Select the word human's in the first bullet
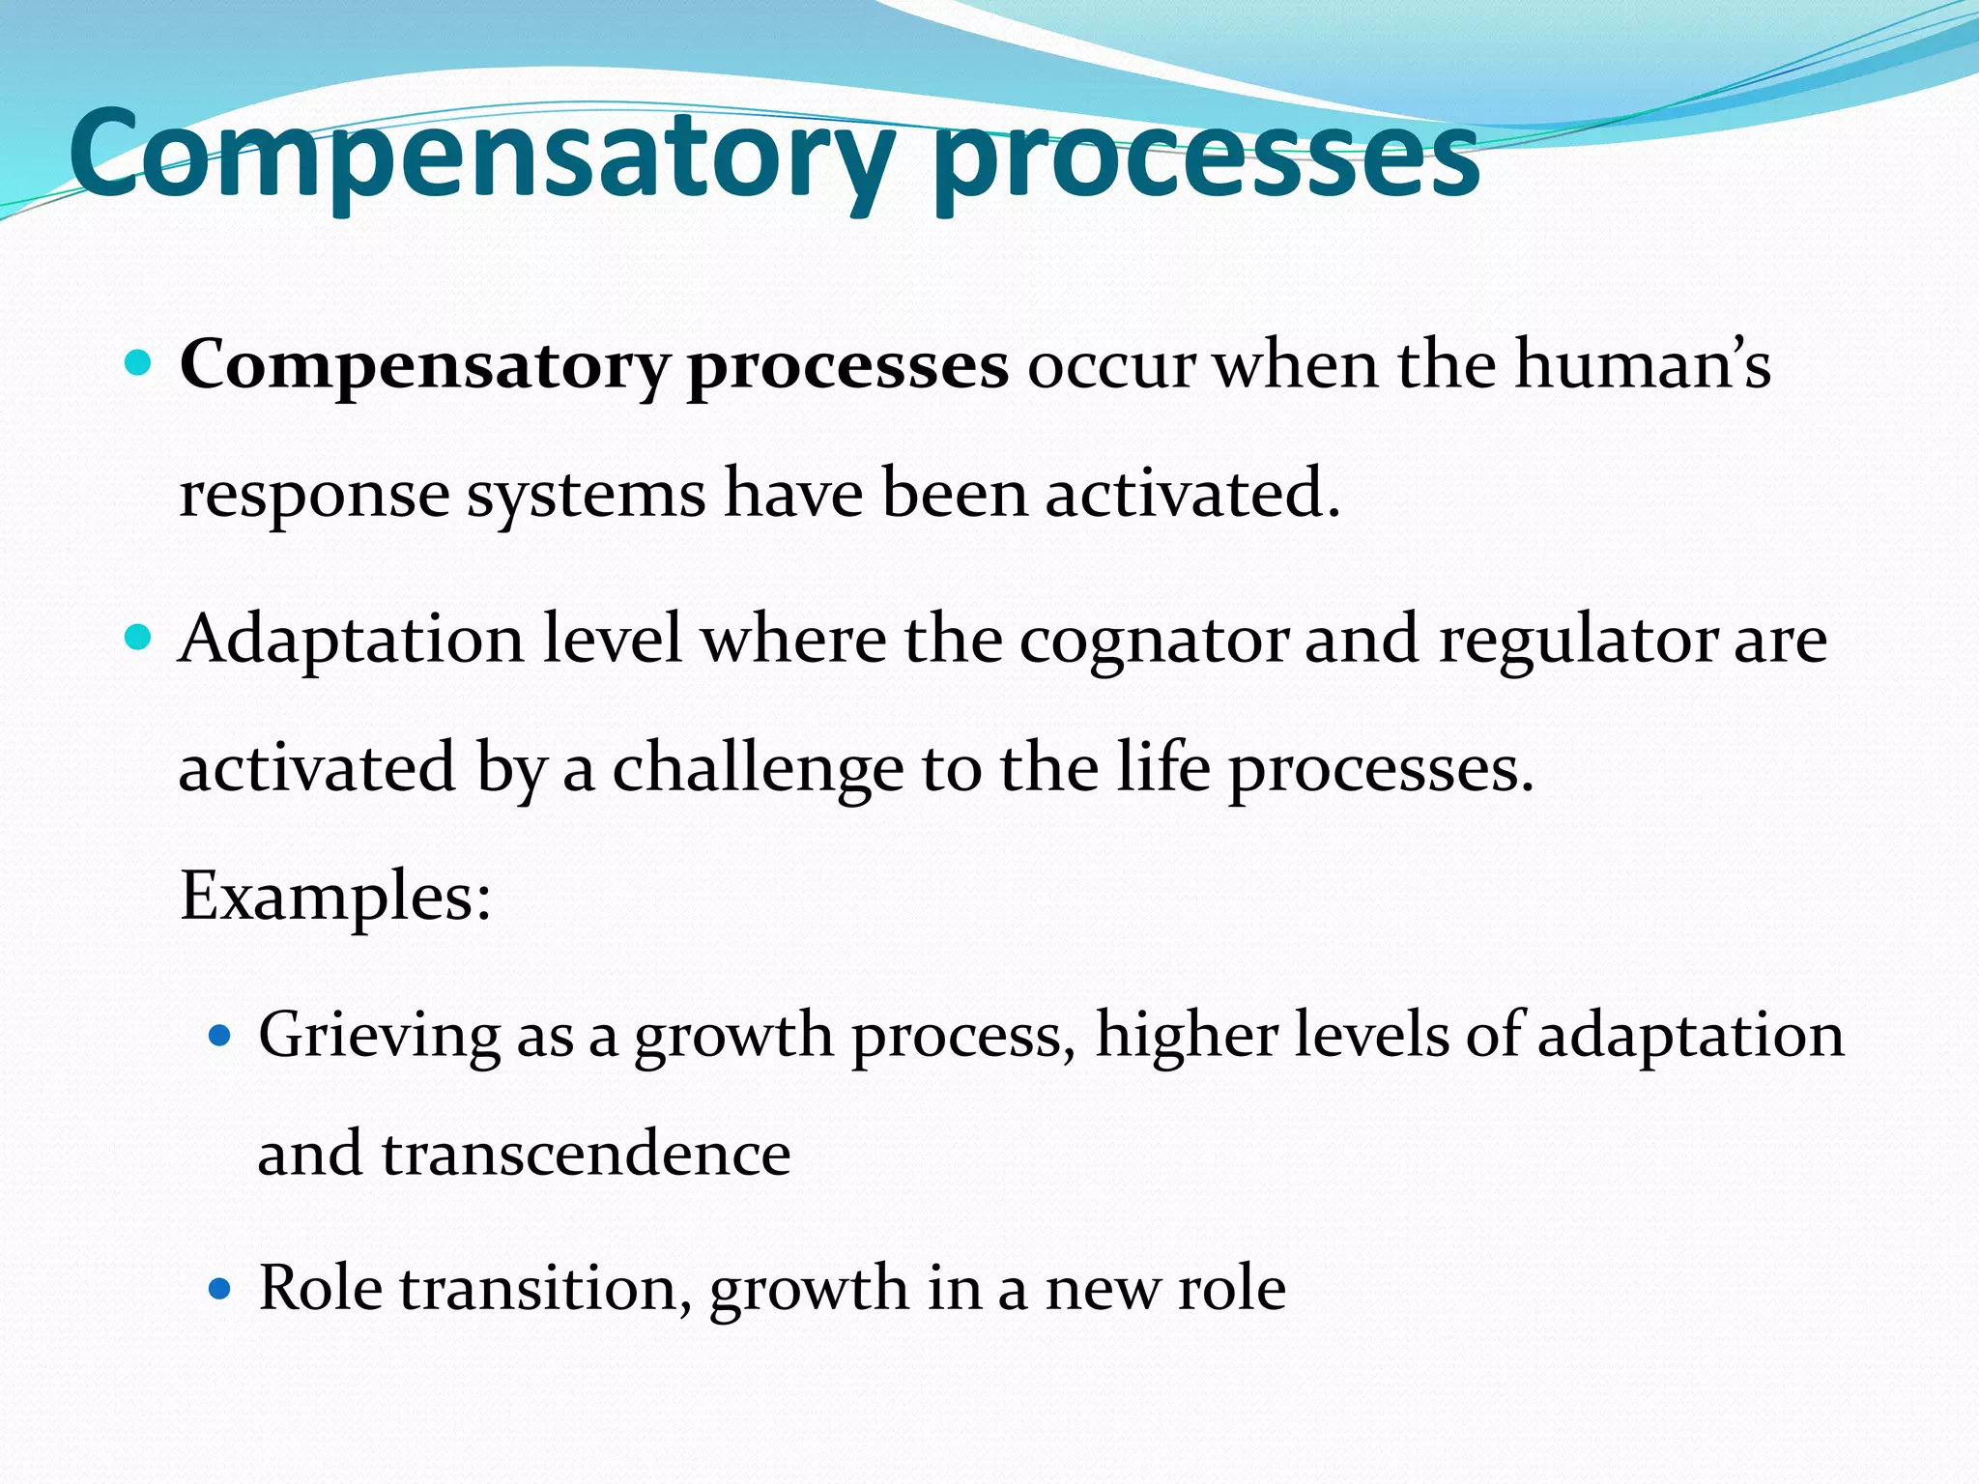[x=1642, y=365]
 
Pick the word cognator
[x=1153, y=642]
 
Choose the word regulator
[x=1577, y=642]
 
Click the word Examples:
[x=335, y=897]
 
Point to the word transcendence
[x=586, y=1154]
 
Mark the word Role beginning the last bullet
[x=320, y=1289]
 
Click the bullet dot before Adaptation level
[x=139, y=638]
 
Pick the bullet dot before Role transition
[x=221, y=1289]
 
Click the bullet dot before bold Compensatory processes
[x=139, y=364]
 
